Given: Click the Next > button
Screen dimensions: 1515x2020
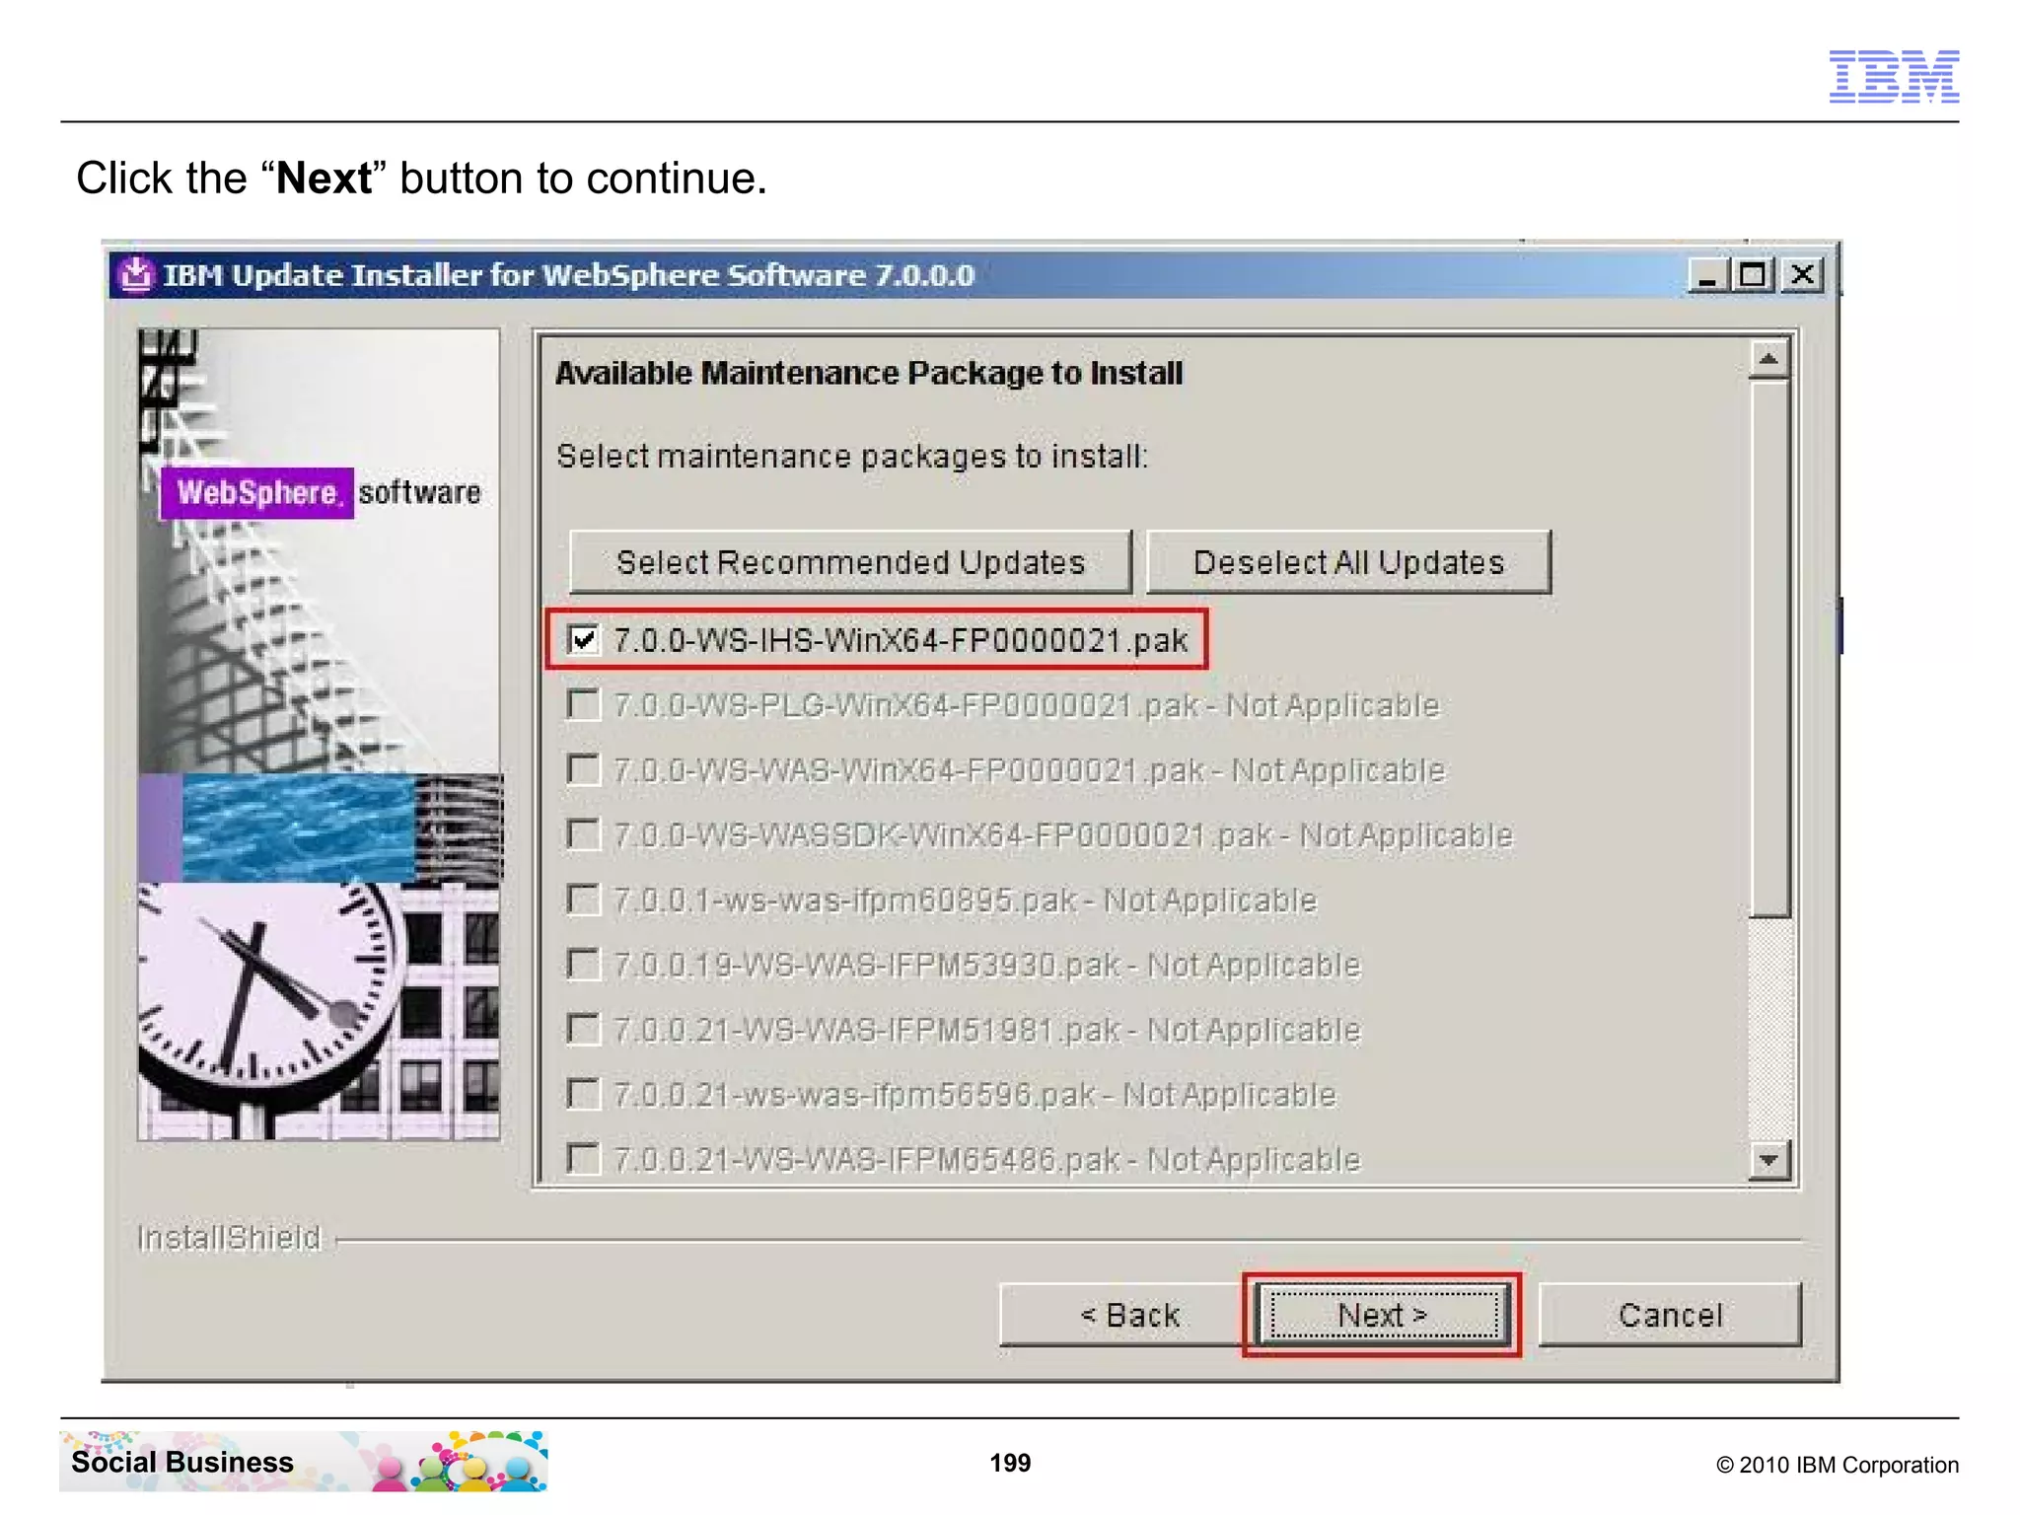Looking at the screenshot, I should [1381, 1315].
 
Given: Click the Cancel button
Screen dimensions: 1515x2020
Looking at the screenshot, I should [1670, 1315].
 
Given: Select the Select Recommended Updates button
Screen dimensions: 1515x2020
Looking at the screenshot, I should [850, 562].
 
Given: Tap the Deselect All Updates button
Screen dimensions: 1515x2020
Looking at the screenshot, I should [1348, 562].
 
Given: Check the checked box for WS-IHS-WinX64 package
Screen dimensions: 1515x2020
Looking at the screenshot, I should [584, 640].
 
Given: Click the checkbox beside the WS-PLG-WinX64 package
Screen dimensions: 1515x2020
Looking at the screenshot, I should [584, 705].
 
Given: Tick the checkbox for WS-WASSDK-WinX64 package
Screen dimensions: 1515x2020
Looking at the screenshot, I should [584, 835].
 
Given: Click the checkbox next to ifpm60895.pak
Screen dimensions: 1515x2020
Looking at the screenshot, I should [584, 900].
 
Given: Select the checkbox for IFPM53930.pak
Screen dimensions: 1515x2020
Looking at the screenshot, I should [584, 965].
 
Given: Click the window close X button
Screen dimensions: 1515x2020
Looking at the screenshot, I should [1802, 274].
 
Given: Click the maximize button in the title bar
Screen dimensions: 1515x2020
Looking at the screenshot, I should [1753, 274].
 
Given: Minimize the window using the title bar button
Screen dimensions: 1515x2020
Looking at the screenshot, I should [1708, 274].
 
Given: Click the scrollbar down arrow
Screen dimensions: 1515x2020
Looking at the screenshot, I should [1768, 1160].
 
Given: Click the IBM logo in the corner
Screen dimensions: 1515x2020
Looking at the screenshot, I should [1894, 76].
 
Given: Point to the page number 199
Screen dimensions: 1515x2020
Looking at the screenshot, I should [1010, 1463].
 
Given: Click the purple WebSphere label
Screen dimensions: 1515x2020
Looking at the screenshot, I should [256, 492].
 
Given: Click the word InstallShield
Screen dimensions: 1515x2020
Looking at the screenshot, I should [229, 1238].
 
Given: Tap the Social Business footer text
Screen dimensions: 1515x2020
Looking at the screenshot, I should [182, 1462].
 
